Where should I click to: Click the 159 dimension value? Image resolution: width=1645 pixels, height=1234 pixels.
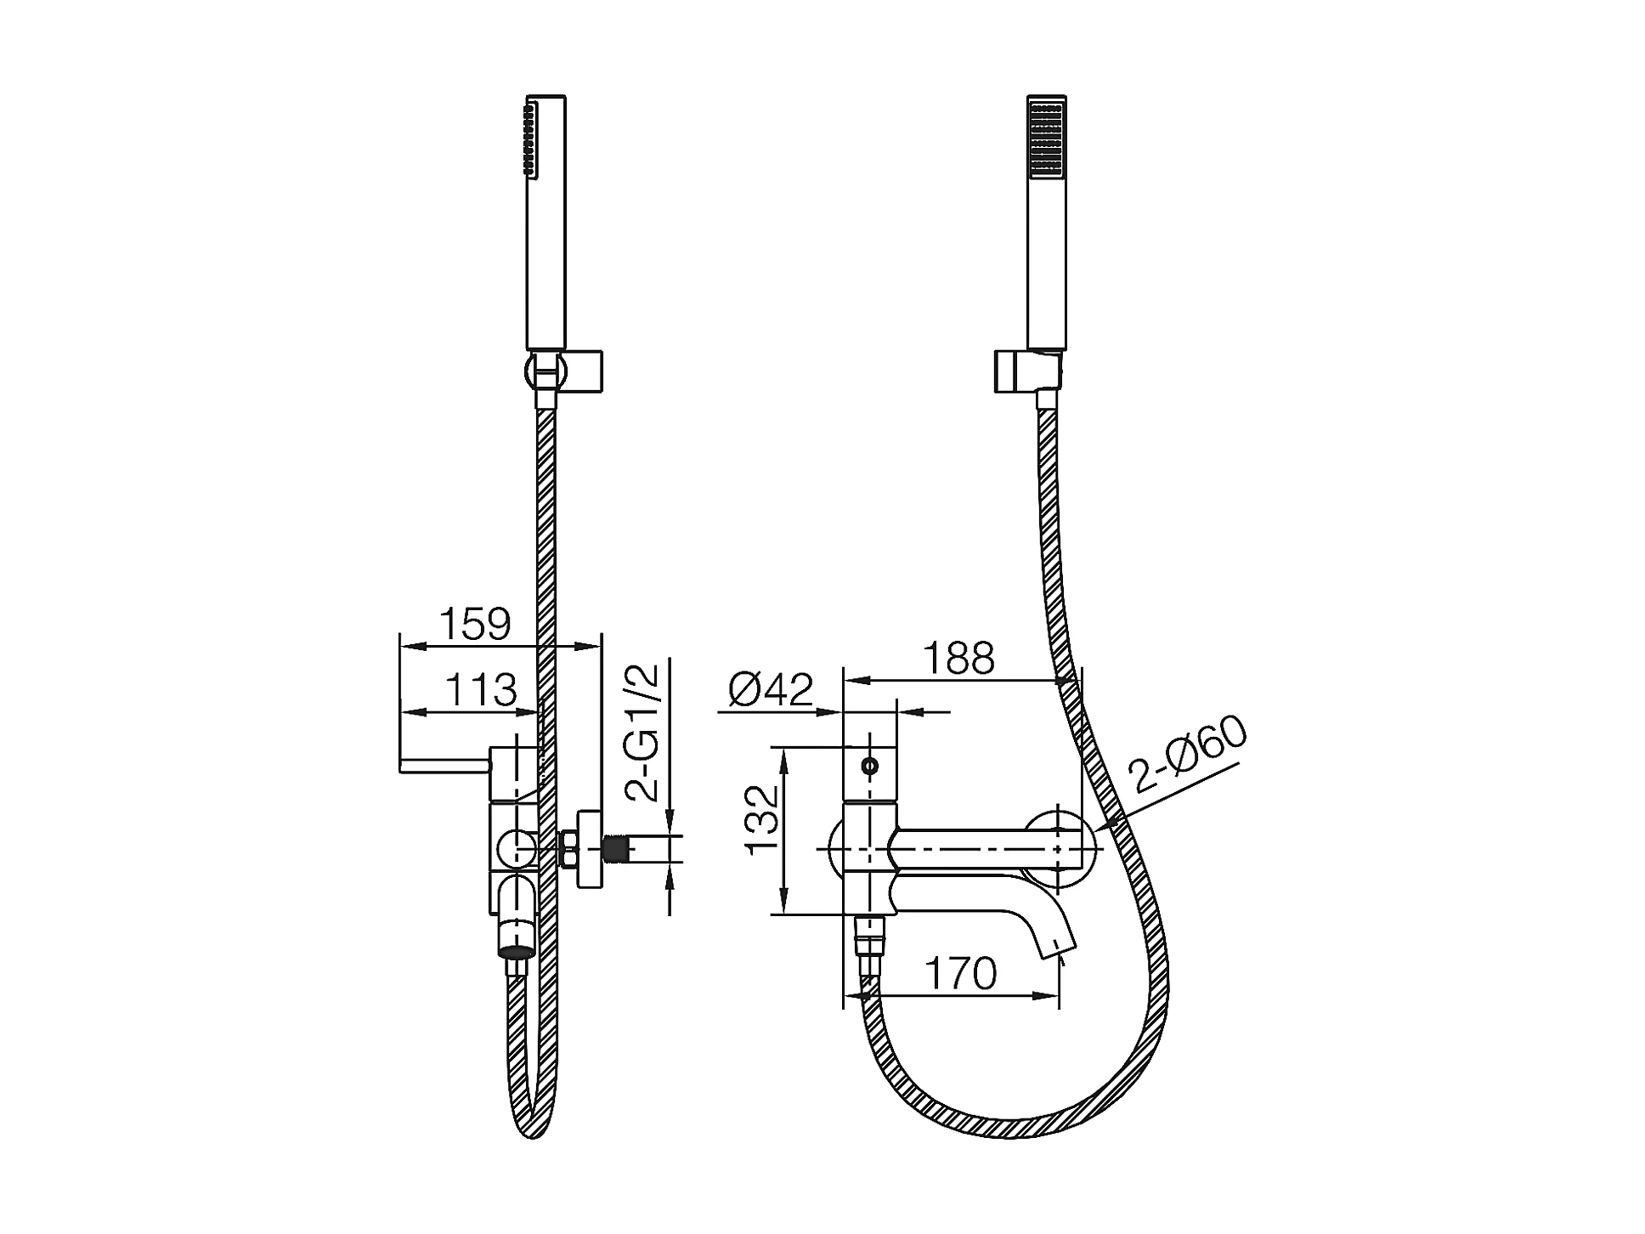(x=476, y=625)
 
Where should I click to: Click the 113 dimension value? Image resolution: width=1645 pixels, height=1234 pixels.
(x=481, y=690)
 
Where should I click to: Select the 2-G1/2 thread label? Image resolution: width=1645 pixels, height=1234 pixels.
(x=642, y=733)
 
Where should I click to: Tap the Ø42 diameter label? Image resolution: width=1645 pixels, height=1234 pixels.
(x=771, y=689)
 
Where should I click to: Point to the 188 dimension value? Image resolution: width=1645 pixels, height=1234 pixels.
(x=959, y=658)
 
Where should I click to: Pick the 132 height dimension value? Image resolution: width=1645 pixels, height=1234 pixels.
(x=761, y=819)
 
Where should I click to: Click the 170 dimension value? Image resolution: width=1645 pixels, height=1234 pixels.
(x=960, y=974)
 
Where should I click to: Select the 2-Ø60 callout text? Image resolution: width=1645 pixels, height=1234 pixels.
(x=1188, y=756)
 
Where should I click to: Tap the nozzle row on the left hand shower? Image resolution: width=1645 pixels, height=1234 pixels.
(x=531, y=140)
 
